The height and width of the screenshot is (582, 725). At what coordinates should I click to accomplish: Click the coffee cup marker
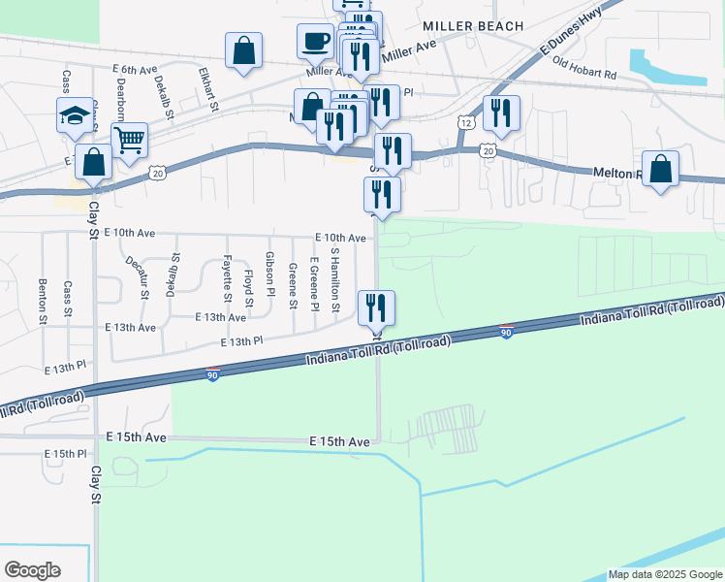tap(316, 42)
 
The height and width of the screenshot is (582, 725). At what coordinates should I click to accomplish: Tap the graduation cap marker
tap(75, 116)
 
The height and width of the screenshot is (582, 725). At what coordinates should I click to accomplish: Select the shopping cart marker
tap(129, 142)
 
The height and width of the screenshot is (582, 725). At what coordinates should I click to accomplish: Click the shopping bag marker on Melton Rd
tap(660, 170)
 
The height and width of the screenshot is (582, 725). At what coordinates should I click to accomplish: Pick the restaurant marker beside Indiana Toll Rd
tap(376, 308)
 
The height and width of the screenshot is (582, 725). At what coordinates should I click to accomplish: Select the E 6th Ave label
tap(134, 70)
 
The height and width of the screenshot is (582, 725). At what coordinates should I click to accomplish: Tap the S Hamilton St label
tap(335, 278)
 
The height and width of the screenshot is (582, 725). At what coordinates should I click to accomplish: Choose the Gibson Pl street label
tap(269, 275)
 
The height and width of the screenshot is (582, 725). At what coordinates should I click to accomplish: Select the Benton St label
tap(43, 300)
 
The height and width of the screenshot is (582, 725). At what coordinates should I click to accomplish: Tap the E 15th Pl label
tap(66, 453)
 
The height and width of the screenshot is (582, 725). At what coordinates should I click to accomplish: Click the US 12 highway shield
tap(466, 123)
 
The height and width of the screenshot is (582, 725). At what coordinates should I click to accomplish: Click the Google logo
tap(32, 570)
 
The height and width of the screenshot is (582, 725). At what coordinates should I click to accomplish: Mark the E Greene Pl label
tap(314, 283)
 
